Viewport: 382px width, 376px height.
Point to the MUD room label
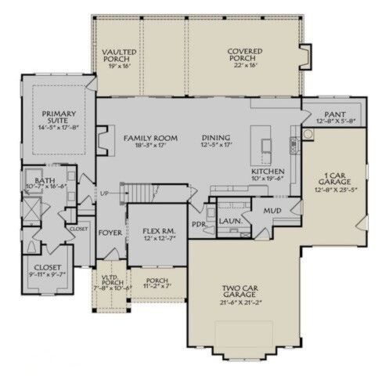click(x=272, y=211)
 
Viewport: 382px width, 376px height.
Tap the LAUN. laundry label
click(x=229, y=222)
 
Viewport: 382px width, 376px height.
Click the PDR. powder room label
click(x=198, y=222)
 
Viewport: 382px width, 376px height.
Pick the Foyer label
click(x=108, y=233)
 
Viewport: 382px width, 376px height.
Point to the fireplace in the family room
click(x=100, y=138)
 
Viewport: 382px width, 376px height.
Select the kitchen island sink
click(x=267, y=146)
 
